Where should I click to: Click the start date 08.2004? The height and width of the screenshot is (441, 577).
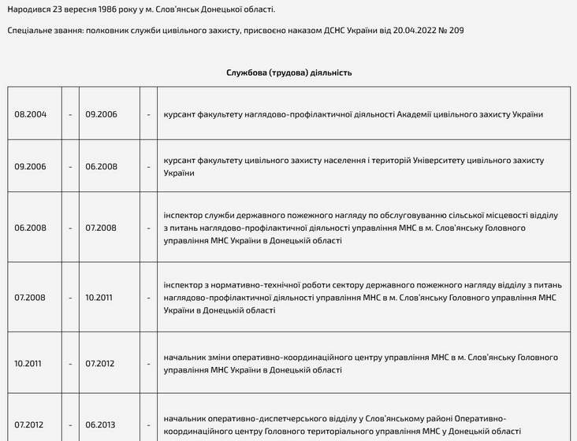click(31, 114)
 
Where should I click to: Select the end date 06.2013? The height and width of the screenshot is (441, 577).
click(101, 424)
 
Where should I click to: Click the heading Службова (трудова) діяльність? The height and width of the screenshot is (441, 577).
click(288, 72)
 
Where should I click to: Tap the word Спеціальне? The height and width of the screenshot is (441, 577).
click(31, 30)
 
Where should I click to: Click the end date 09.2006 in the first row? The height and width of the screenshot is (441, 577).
click(101, 114)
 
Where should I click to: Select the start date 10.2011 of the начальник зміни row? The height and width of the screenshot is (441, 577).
click(30, 363)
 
